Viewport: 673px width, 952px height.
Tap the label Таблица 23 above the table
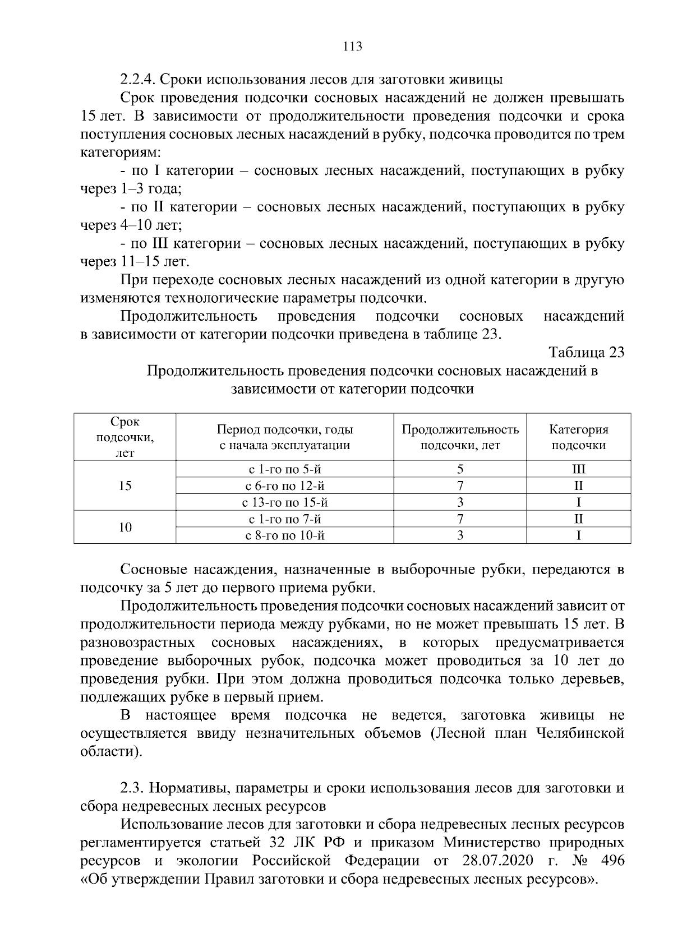click(x=587, y=353)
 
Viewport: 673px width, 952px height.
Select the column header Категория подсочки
click(x=578, y=437)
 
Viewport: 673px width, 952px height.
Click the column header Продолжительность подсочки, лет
click(x=460, y=437)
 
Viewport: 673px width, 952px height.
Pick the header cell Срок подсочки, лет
click(x=125, y=437)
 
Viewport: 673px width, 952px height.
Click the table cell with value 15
click(x=125, y=486)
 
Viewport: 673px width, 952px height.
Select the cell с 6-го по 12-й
click(x=285, y=486)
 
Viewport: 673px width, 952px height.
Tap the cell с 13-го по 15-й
click(x=285, y=502)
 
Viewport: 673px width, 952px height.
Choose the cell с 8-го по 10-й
click(x=285, y=535)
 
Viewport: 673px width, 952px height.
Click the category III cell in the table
click(x=578, y=469)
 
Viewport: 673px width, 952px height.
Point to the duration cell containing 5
click(x=460, y=469)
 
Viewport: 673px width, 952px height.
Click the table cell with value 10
click(x=125, y=527)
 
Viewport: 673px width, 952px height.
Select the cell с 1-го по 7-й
click(x=285, y=519)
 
